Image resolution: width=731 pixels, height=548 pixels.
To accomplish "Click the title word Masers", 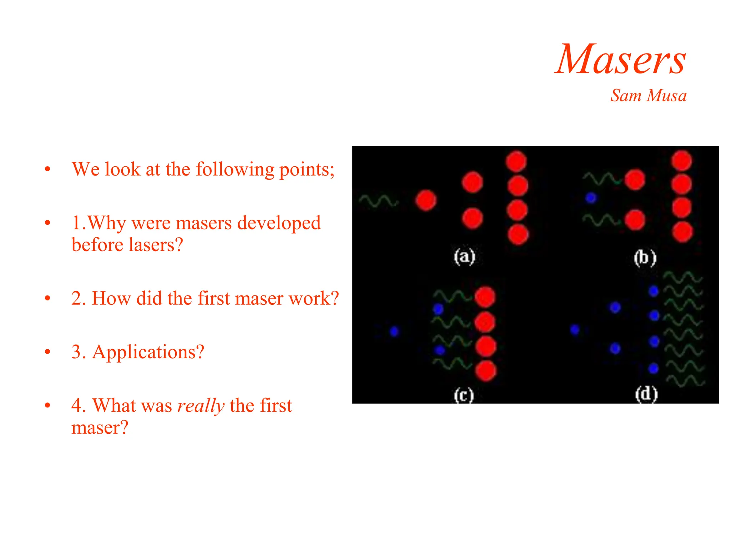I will pos(620,60).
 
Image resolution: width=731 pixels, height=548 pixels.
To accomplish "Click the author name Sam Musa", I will pos(648,96).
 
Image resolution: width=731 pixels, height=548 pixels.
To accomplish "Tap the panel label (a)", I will pos(464,257).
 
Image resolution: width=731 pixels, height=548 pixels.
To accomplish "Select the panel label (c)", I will pos(464,395).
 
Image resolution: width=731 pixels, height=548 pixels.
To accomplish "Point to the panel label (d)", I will pos(646,394).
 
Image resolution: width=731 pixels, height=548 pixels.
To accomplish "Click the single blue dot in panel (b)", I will pos(591,197).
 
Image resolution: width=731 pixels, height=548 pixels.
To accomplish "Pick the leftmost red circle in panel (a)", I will pos(426,200).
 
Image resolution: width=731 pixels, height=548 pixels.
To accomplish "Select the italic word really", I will pos(201,406).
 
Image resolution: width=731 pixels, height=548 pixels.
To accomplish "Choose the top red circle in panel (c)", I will pos(485,297).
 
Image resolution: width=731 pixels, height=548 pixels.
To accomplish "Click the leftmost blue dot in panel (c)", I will pos(394,331).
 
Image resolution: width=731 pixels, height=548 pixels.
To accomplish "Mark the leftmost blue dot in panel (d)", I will pos(575,329).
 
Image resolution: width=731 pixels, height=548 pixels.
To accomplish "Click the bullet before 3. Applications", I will pos(47,352).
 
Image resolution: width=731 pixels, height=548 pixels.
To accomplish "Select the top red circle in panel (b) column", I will pos(681,161).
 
